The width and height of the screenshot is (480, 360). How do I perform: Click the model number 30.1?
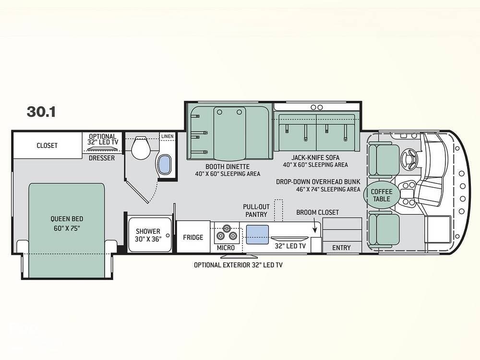pyautogui.click(x=41, y=112)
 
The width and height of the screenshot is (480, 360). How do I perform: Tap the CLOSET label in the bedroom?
pyautogui.click(x=47, y=145)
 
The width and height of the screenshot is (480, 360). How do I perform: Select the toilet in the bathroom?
pyautogui.click(x=141, y=147)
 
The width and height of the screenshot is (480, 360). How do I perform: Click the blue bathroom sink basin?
pyautogui.click(x=164, y=164)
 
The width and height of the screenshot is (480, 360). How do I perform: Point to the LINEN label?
pyautogui.click(x=168, y=136)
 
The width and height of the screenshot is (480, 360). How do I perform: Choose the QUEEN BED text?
pyautogui.click(x=67, y=219)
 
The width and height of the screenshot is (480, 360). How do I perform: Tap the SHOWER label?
pyautogui.click(x=148, y=231)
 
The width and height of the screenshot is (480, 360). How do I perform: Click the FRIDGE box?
pyautogui.click(x=193, y=237)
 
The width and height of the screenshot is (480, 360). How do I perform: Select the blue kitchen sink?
pyautogui.click(x=257, y=235)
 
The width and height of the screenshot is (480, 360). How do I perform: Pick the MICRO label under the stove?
pyautogui.click(x=226, y=248)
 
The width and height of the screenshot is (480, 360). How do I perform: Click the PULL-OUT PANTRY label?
pyautogui.click(x=256, y=211)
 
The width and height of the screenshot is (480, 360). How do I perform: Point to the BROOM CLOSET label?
pyautogui.click(x=317, y=213)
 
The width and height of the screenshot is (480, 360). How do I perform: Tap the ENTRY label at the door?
pyautogui.click(x=341, y=248)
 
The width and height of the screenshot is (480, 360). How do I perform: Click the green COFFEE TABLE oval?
pyautogui.click(x=382, y=195)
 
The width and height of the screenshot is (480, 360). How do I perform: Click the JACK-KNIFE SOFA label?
pyautogui.click(x=315, y=157)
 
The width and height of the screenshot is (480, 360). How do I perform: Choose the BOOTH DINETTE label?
pyautogui.click(x=228, y=167)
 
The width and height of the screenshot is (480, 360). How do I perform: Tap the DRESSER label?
pyautogui.click(x=102, y=158)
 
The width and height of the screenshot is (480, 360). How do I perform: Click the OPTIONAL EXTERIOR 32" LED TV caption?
pyautogui.click(x=238, y=265)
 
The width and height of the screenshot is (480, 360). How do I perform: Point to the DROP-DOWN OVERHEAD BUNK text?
pyautogui.click(x=318, y=182)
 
